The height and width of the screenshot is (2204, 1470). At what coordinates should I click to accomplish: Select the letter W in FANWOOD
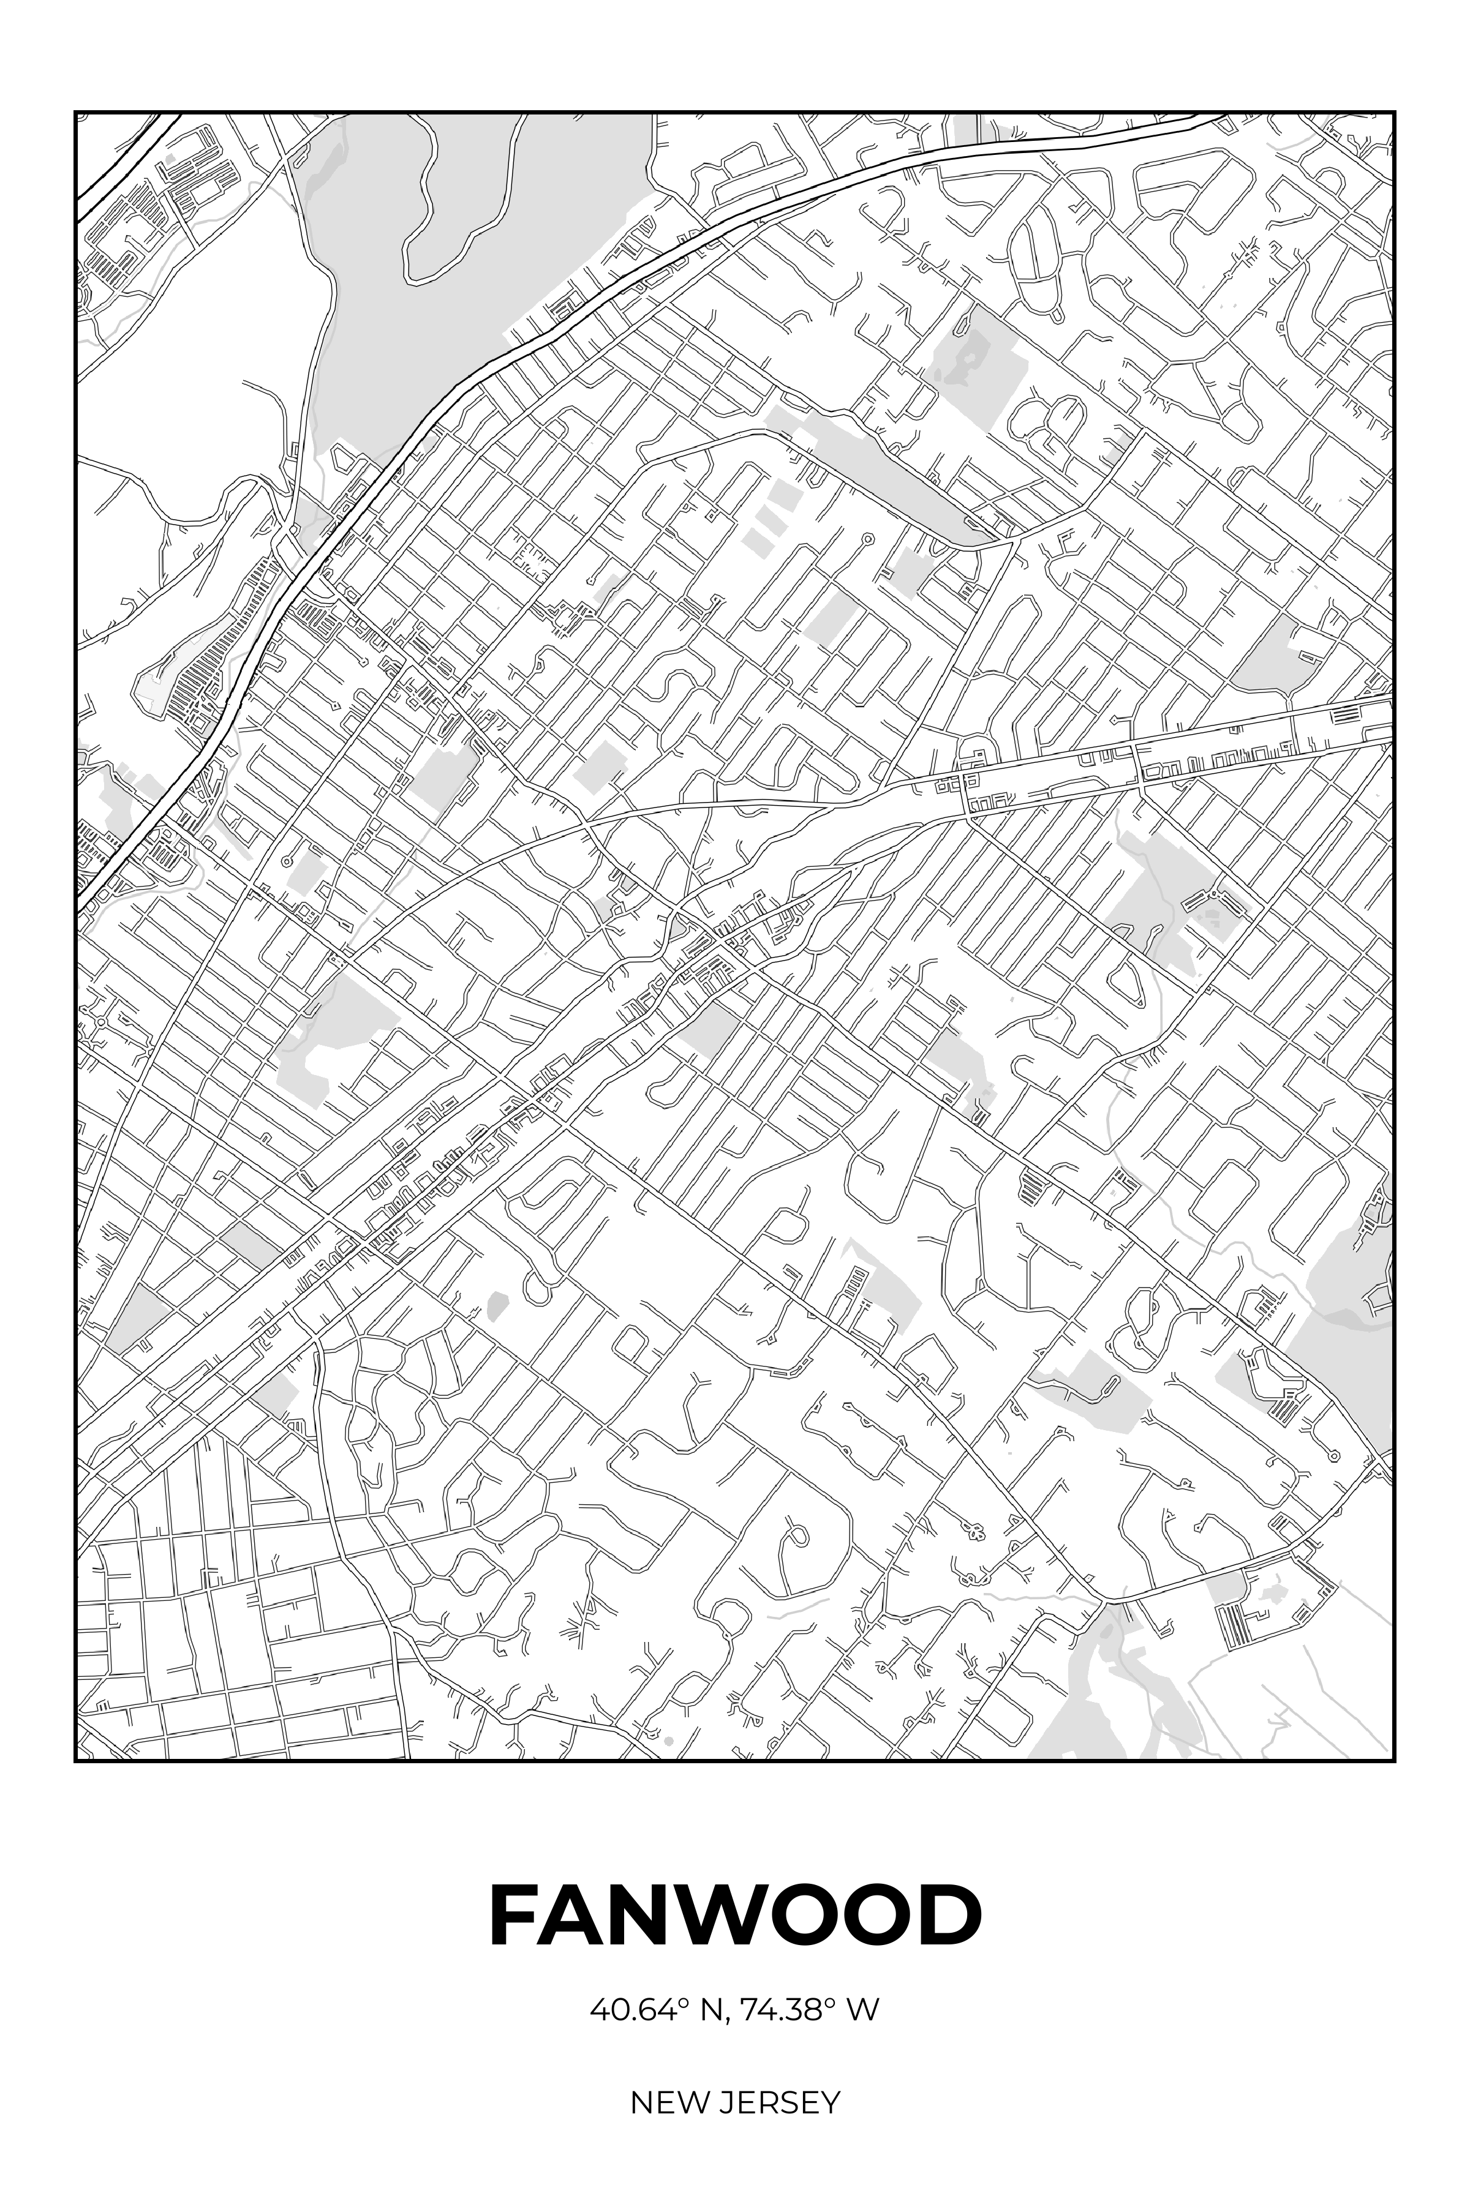[x=741, y=1916]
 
